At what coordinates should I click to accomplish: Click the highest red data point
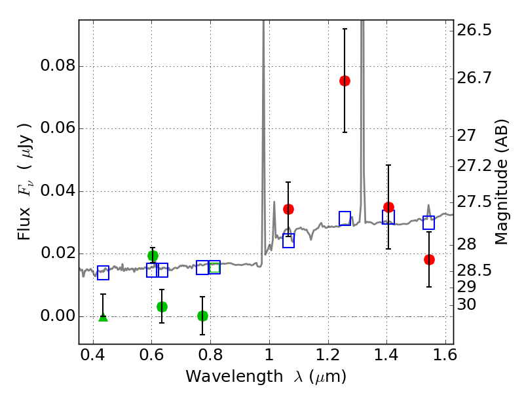pyautogui.click(x=345, y=81)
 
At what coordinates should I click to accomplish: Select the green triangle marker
pyautogui.click(x=103, y=317)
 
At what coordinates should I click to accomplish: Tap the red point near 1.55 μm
pyautogui.click(x=429, y=259)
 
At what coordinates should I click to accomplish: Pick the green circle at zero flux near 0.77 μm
pyautogui.click(x=202, y=316)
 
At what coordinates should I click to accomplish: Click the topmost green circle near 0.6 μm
pyautogui.click(x=153, y=255)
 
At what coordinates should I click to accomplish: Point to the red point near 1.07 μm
pyautogui.click(x=288, y=209)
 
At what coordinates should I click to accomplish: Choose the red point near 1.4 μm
pyautogui.click(x=388, y=207)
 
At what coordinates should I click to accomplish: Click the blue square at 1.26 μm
pyautogui.click(x=345, y=218)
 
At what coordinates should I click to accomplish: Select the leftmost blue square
pyautogui.click(x=103, y=273)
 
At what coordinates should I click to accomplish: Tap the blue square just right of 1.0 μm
pyautogui.click(x=288, y=240)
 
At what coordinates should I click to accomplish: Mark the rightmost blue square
pyautogui.click(x=429, y=223)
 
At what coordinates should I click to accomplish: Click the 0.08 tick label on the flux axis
pyautogui.click(x=58, y=66)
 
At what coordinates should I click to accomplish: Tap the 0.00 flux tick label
pyautogui.click(x=58, y=316)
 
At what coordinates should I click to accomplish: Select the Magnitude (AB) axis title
pyautogui.click(x=502, y=182)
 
